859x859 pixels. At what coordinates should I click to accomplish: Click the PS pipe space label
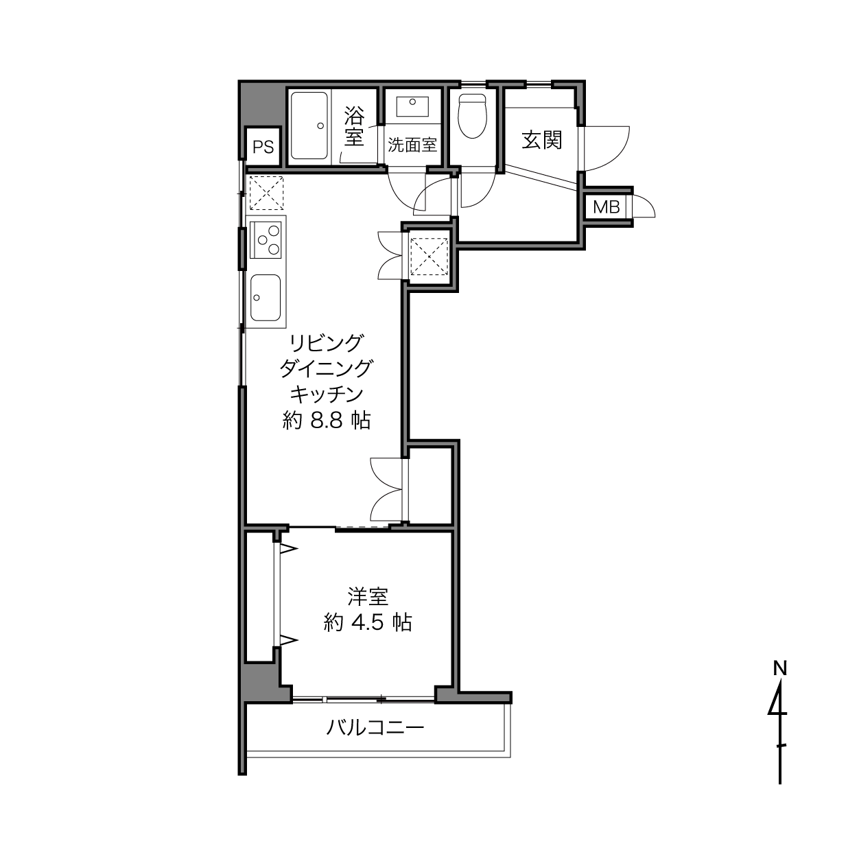point(263,147)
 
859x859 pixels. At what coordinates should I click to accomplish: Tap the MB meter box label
point(607,207)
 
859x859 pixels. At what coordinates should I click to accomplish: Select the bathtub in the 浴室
point(309,126)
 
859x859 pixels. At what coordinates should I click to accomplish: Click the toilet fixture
point(473,115)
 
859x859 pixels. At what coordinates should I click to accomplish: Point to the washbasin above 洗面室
point(412,107)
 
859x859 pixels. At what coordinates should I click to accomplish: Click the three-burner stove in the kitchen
point(266,240)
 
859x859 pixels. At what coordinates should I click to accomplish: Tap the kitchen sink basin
point(266,297)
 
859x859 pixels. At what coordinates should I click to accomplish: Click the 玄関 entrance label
point(542,140)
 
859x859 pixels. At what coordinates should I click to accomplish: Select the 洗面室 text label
point(412,145)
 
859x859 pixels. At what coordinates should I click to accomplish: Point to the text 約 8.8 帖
point(327,420)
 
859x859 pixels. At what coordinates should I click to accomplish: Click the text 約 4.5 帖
point(367,622)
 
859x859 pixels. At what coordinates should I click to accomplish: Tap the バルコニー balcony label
point(375,729)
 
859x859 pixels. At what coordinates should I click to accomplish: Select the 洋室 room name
point(368,597)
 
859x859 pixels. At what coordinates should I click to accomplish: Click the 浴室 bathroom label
point(355,127)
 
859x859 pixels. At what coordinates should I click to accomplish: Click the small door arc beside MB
point(646,204)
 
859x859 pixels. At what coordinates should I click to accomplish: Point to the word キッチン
point(327,394)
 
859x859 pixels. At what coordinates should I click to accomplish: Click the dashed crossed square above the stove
point(266,193)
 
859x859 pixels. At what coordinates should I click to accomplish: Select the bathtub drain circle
point(320,126)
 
